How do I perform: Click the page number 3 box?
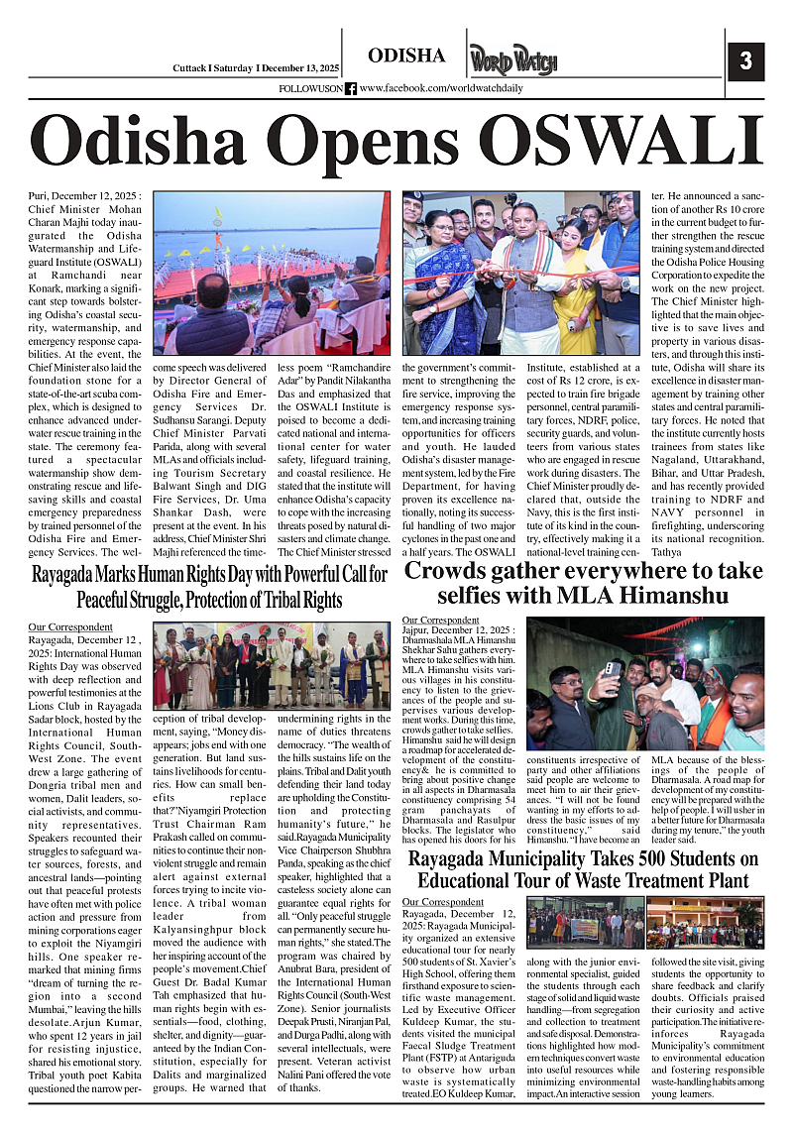tap(745, 60)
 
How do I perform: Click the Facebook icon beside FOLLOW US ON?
tap(350, 89)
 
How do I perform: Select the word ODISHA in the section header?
tap(406, 57)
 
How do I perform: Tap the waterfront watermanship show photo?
tap(272, 273)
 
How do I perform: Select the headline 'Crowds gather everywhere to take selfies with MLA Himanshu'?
tap(584, 583)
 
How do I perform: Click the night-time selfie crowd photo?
tap(644, 683)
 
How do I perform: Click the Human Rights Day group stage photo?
tap(272, 665)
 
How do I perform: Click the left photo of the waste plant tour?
tap(585, 922)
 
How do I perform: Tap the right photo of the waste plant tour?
tap(705, 922)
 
